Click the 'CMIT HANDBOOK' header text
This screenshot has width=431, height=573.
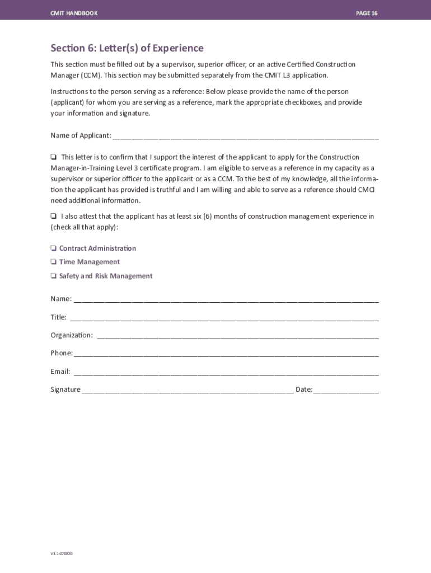(x=74, y=13)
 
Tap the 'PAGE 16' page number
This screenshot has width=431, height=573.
(x=367, y=13)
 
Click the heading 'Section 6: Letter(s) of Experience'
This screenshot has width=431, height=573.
(x=127, y=48)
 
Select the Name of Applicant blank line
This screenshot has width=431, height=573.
(x=245, y=137)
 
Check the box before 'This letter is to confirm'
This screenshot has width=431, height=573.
(x=53, y=157)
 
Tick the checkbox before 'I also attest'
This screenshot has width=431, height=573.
(x=53, y=217)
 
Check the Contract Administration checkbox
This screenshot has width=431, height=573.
(x=53, y=248)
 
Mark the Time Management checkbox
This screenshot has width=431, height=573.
(x=53, y=262)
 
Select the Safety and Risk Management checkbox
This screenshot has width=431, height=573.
(x=53, y=276)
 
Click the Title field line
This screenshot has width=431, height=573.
(x=224, y=318)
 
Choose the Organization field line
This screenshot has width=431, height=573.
(x=238, y=336)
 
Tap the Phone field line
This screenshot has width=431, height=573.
(x=226, y=354)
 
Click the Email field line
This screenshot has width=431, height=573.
(x=226, y=373)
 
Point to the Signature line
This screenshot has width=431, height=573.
(x=188, y=391)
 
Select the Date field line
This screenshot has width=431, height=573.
(x=346, y=391)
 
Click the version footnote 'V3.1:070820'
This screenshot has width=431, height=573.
(x=62, y=553)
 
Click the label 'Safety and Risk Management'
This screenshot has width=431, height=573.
(x=106, y=276)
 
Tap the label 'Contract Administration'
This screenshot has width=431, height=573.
(x=97, y=248)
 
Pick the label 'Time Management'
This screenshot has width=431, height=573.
(x=90, y=262)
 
